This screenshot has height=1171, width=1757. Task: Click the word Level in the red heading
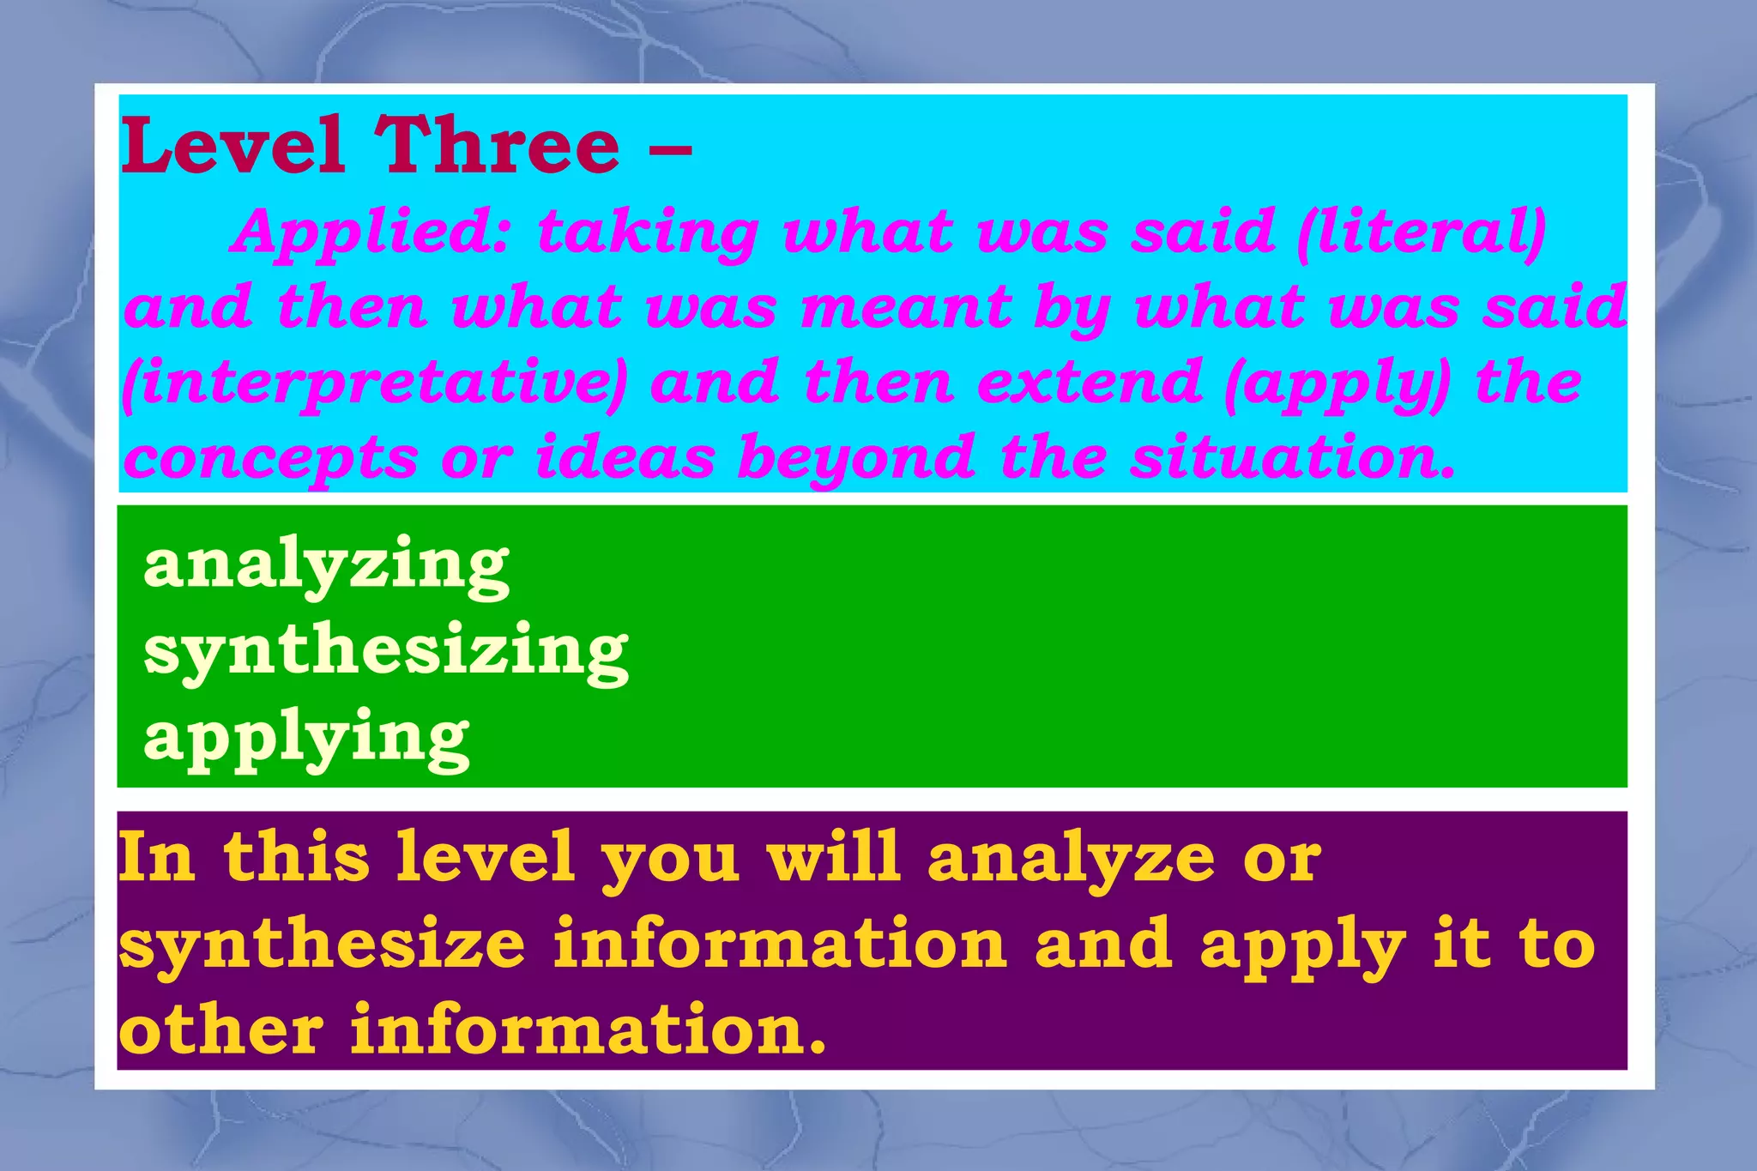(232, 145)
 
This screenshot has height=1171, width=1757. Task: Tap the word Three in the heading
(497, 145)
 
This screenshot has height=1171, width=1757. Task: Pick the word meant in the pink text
(906, 307)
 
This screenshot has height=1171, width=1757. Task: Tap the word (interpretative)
(374, 383)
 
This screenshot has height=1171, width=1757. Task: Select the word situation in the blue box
(1292, 457)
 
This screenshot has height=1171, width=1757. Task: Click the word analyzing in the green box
(327, 565)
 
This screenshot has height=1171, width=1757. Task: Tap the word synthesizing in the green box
(386, 651)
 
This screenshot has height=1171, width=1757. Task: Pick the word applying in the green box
(306, 739)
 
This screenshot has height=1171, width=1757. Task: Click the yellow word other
(222, 1029)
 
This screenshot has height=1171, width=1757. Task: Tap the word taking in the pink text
(649, 233)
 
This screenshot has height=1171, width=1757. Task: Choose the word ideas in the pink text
(625, 457)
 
